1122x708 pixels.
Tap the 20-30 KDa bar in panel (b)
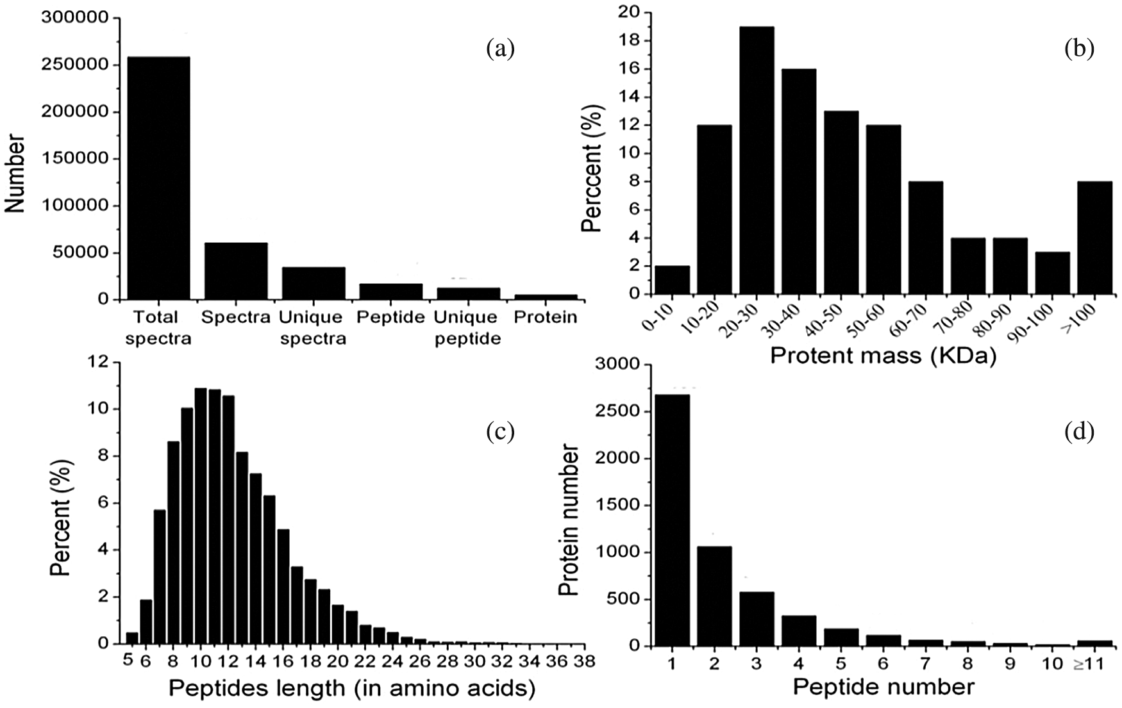(x=757, y=160)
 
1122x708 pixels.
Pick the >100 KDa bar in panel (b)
(x=1095, y=238)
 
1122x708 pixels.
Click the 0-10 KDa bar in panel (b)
(x=672, y=280)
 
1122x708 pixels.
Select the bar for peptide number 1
(x=672, y=520)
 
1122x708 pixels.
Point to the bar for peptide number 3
(x=757, y=618)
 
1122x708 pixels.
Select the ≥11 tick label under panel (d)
(x=1089, y=664)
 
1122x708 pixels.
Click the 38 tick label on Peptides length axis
(x=583, y=661)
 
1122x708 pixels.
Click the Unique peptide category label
(x=467, y=327)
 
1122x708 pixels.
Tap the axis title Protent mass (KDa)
(x=883, y=356)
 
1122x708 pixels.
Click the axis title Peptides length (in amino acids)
(x=351, y=689)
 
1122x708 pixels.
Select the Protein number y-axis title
(x=568, y=520)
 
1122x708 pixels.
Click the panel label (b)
(x=1079, y=49)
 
